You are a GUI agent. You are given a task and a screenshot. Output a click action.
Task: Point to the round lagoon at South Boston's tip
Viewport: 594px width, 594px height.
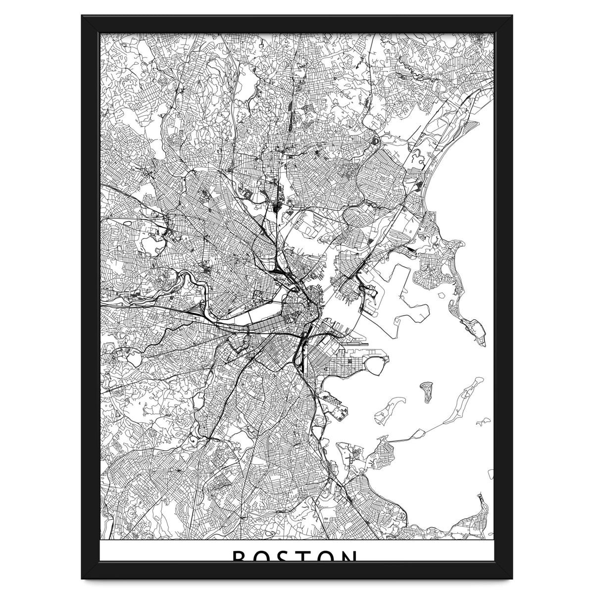pos(377,365)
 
